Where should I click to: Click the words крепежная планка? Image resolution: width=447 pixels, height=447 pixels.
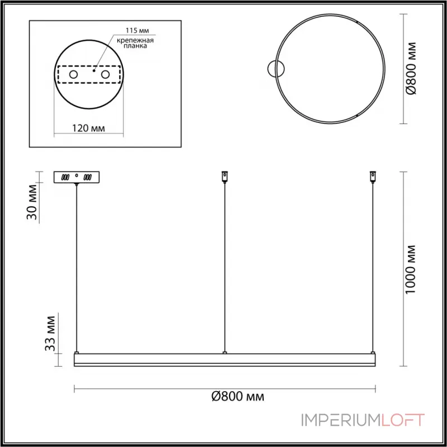pos(135,44)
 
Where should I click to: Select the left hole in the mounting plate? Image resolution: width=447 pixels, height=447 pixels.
pos(74,74)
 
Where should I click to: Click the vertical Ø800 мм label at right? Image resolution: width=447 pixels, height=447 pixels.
pos(412,68)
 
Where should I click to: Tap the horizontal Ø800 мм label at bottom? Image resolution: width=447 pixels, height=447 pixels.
pos(238,397)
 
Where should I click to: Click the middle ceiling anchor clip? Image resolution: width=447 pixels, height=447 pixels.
pos(225,176)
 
